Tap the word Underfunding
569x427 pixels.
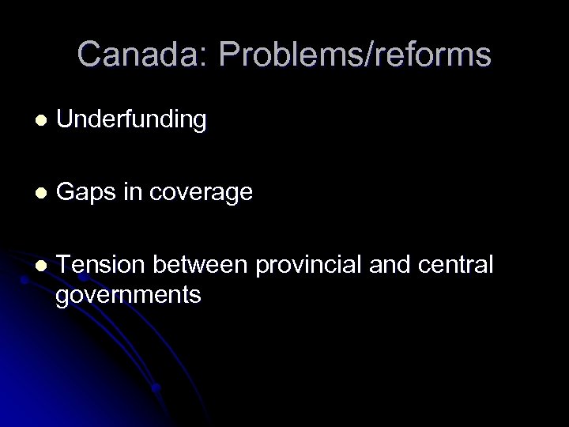pyautogui.click(x=132, y=120)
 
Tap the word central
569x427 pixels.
pyautogui.click(x=460, y=266)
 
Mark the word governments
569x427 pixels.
pyautogui.click(x=129, y=295)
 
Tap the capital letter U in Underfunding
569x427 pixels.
pyautogui.click(x=64, y=120)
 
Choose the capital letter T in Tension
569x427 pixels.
pyautogui.click(x=64, y=266)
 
